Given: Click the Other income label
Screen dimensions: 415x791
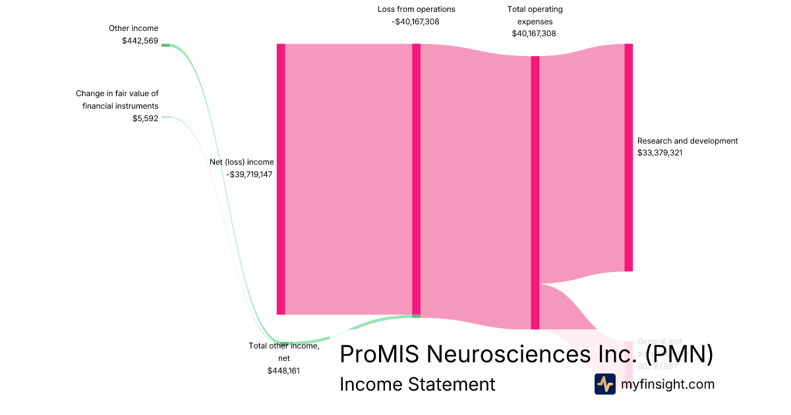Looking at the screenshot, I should [133, 28].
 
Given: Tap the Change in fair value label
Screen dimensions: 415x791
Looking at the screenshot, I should [117, 99].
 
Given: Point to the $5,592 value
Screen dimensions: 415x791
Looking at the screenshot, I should [145, 119].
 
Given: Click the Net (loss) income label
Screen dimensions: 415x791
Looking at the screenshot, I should [241, 162].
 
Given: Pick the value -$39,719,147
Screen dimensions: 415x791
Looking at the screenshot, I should [250, 175].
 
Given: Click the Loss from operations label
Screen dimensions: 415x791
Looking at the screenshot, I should [416, 9].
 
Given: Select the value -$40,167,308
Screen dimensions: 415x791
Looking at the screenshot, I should [415, 21].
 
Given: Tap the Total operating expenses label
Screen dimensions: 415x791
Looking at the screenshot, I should [535, 15].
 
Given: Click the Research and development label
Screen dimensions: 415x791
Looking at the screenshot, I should [688, 141].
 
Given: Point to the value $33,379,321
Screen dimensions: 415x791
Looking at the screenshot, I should [668, 153].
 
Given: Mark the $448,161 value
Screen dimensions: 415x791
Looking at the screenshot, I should [283, 371].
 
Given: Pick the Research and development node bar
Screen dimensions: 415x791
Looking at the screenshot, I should [628, 157].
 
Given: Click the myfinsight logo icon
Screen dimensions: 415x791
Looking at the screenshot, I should [604, 384].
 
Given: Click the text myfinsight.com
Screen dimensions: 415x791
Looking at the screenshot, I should [668, 384].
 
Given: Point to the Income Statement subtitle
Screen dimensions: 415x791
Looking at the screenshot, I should [417, 384].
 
